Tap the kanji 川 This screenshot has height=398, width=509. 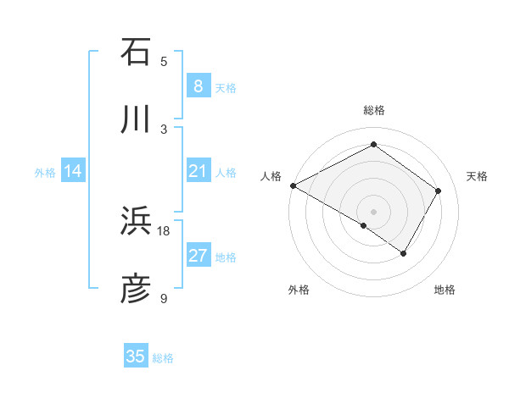[x=136, y=120]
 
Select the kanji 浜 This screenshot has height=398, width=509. [x=136, y=221]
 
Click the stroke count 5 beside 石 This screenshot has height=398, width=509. [x=165, y=61]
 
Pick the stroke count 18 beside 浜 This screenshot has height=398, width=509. [x=164, y=230]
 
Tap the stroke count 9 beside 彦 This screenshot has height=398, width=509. [x=165, y=299]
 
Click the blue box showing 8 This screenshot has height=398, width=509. [x=198, y=86]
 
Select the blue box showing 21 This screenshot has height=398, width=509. [x=198, y=172]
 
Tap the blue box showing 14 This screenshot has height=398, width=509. [x=73, y=172]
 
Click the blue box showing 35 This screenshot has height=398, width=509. [x=136, y=357]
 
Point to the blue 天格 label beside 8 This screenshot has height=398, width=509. [x=226, y=87]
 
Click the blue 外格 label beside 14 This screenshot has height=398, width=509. [x=45, y=173]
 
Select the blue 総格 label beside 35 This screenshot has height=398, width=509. [x=163, y=358]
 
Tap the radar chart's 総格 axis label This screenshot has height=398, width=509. [x=373, y=110]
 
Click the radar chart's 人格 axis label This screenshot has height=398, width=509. [x=271, y=176]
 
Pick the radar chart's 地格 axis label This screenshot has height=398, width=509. [x=445, y=290]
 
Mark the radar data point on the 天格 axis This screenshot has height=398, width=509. [x=439, y=191]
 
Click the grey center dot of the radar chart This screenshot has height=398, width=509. [x=373, y=211]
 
